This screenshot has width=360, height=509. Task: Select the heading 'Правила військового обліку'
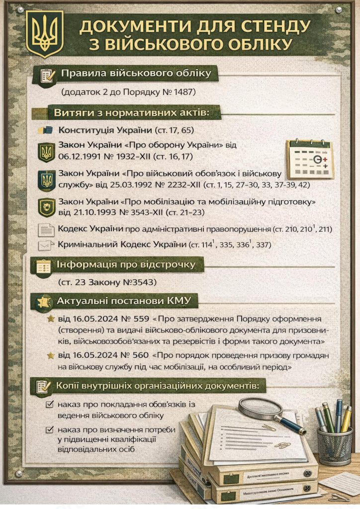point(136,74)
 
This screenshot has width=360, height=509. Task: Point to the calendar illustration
point(309,159)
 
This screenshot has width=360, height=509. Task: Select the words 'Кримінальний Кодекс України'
point(122,245)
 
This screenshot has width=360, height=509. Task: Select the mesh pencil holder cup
point(334,444)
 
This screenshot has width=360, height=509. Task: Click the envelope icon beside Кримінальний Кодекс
point(46,245)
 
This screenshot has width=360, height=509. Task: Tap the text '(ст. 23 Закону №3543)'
point(107,282)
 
